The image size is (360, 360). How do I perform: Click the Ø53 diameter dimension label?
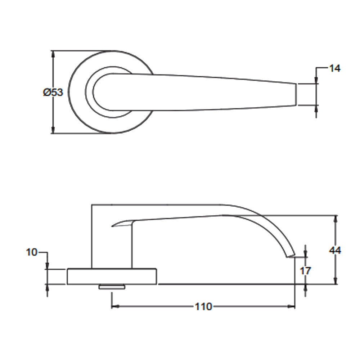coord(53,93)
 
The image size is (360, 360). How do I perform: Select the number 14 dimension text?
coord(334,68)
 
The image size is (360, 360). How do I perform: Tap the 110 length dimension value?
coord(203,307)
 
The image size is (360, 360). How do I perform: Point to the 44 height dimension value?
coord(335,250)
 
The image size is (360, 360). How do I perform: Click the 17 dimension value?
coord(305,271)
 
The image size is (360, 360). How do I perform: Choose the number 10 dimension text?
coord(32,252)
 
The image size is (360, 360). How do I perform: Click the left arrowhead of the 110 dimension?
coord(114,307)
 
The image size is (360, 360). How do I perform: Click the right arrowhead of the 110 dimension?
coord(292,307)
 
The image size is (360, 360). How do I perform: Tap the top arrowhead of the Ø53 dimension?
coord(53,54)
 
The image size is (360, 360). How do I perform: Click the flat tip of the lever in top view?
coord(296,94)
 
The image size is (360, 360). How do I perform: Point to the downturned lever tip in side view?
coord(290,256)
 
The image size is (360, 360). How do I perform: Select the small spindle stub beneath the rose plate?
coord(112,287)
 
